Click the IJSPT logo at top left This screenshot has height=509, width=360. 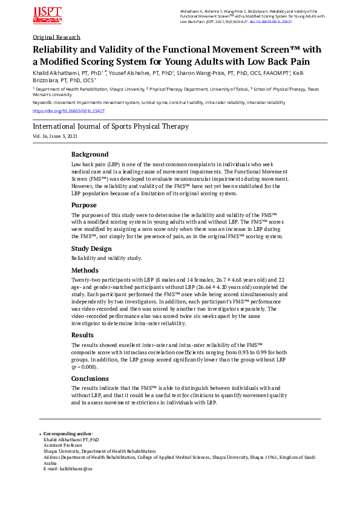click(47, 16)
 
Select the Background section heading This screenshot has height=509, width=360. click(90, 154)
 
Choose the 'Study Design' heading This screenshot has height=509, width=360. click(91, 248)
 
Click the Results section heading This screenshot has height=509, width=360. click(83, 334)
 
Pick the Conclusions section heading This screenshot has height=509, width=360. click(90, 378)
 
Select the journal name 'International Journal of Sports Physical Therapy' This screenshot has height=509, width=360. click(110, 126)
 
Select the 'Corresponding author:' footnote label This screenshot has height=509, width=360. click(68, 433)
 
